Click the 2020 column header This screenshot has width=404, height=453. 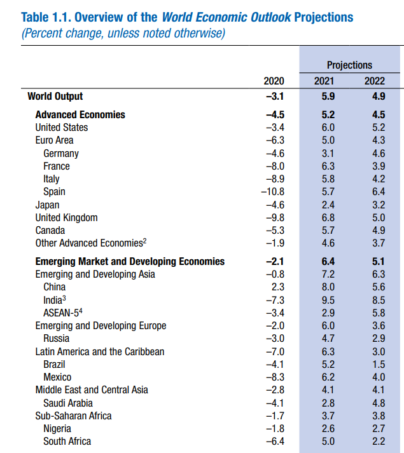tap(274, 81)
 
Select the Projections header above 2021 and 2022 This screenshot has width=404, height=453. tap(349, 65)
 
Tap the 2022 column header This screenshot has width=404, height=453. tap(374, 81)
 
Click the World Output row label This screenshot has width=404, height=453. tap(55, 97)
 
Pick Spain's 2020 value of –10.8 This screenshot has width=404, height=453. tap(272, 192)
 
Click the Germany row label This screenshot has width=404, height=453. tap(61, 153)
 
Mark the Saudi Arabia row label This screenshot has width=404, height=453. tap(68, 403)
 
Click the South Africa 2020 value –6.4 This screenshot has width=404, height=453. tap(274, 442)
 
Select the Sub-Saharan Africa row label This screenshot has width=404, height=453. tap(73, 416)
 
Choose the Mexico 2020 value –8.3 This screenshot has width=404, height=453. tap(274, 377)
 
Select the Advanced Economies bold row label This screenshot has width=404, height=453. tap(80, 115)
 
